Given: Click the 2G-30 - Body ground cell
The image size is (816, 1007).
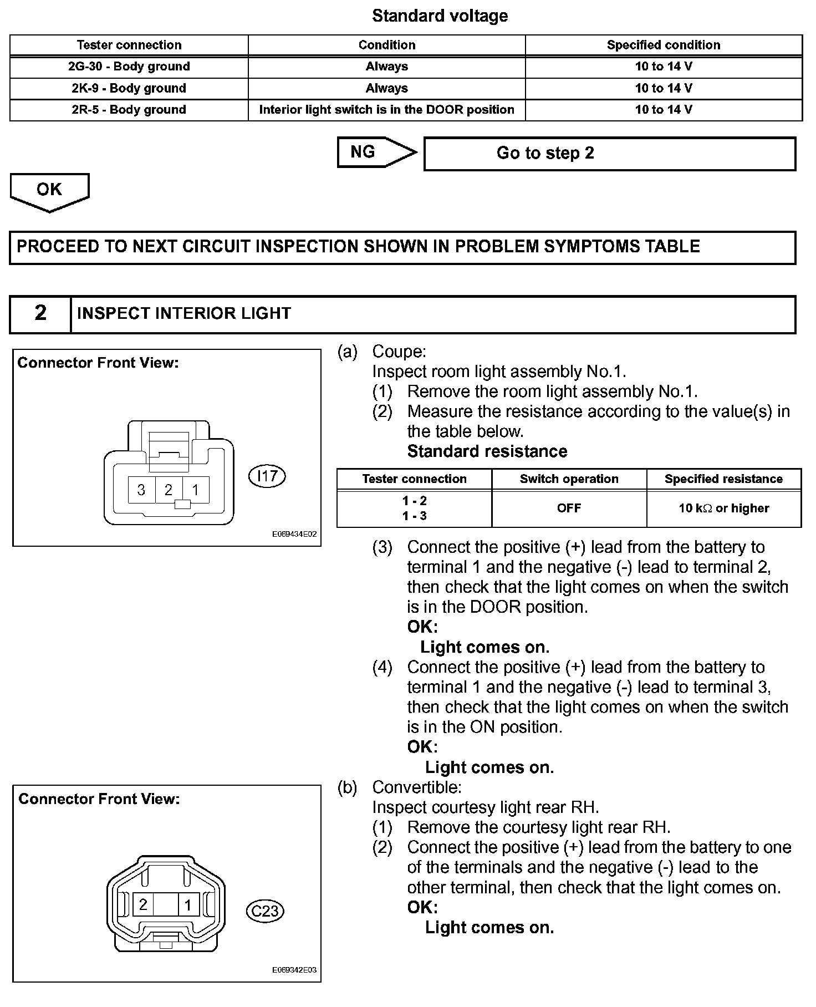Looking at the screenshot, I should [129, 67].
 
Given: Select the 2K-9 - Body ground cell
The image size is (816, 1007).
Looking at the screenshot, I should [129, 88].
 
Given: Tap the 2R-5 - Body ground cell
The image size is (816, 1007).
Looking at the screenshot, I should [129, 110].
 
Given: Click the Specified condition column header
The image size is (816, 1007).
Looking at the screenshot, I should [664, 45].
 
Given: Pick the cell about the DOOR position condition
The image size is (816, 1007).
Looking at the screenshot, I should [386, 110].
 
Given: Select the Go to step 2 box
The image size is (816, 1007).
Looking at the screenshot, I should [609, 153].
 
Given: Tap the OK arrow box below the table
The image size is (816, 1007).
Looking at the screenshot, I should [49, 191].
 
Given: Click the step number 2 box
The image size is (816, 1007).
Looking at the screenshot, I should [40, 313].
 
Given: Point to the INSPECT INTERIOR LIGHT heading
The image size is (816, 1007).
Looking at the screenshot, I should [184, 314].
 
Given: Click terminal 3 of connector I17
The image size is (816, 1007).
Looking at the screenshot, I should [141, 490].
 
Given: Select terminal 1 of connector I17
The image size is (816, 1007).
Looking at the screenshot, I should [196, 490].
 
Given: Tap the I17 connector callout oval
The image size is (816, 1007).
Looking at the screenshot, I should [267, 476].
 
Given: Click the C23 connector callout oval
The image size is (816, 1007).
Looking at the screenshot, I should [265, 911].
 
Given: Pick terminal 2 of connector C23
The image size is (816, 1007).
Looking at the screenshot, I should [143, 905].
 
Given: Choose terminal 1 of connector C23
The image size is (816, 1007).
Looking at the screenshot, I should [188, 905].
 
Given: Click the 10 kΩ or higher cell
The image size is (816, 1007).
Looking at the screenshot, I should [724, 508].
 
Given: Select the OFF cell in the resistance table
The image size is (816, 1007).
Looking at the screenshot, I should [569, 508].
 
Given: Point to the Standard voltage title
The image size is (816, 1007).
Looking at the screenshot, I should [440, 16].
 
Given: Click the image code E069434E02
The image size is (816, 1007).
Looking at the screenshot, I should [294, 535].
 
